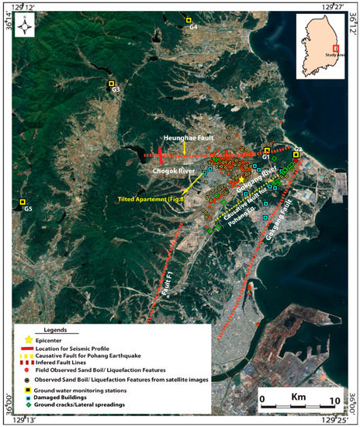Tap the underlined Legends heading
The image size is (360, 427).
pyautogui.click(x=60, y=329)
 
